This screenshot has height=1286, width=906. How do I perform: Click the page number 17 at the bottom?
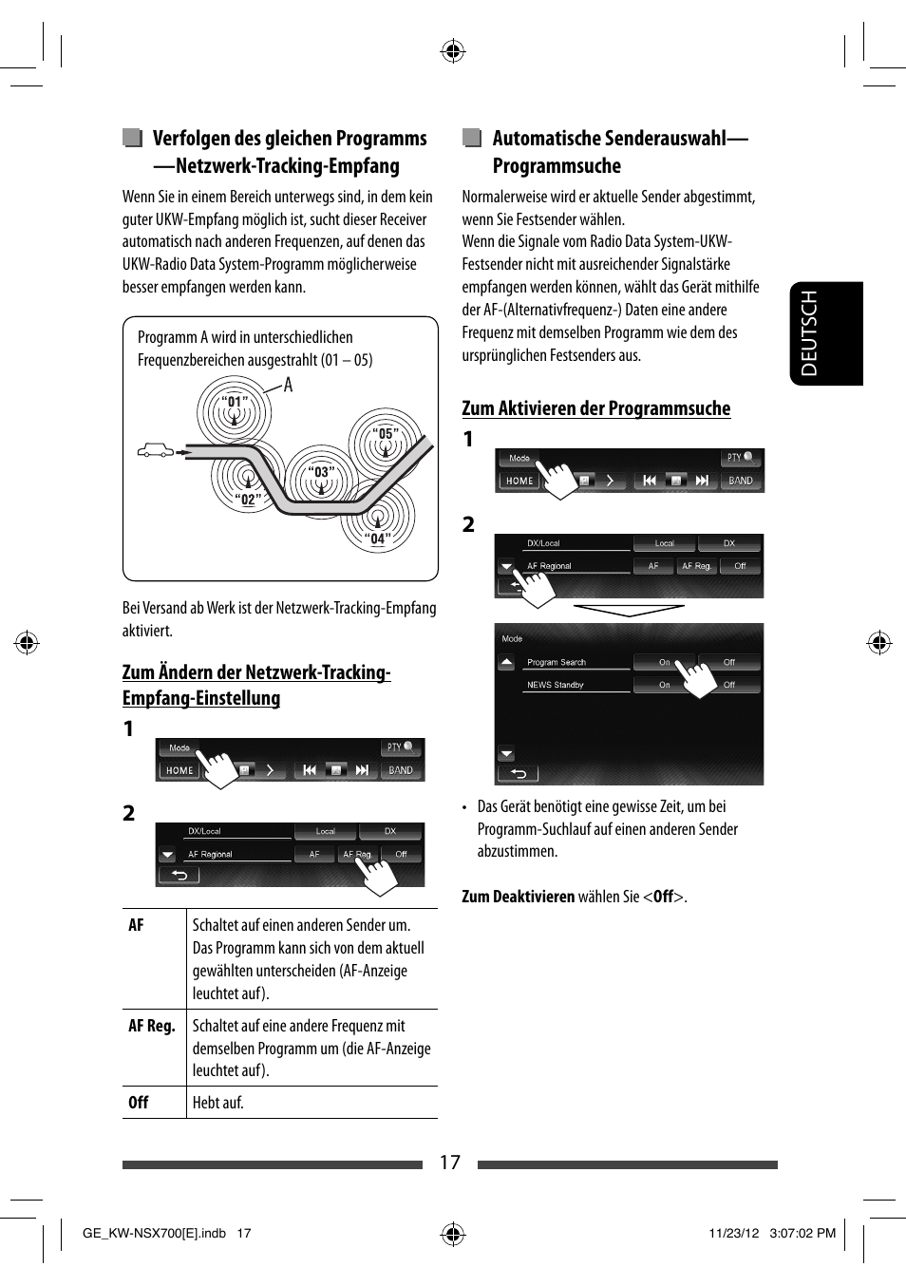(x=449, y=1163)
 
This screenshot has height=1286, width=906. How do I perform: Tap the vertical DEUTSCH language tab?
(x=826, y=333)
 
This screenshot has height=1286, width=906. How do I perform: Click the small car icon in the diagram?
(x=156, y=451)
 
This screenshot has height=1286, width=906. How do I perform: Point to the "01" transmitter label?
(x=236, y=402)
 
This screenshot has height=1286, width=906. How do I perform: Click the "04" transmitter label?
(x=378, y=539)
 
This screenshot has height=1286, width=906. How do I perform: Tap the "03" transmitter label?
(x=322, y=472)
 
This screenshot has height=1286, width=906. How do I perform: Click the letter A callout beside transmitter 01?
(x=289, y=385)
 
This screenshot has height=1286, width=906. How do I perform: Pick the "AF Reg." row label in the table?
(x=152, y=1026)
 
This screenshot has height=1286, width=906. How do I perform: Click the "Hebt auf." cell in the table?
(x=218, y=1103)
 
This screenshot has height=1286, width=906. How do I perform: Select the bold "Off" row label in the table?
(x=139, y=1103)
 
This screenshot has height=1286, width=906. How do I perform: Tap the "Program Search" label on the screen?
(x=557, y=662)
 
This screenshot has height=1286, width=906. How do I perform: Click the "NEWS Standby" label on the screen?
(x=556, y=685)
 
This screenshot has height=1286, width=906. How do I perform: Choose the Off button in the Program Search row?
(x=729, y=662)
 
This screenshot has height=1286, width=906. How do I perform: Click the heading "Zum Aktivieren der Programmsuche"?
(x=595, y=408)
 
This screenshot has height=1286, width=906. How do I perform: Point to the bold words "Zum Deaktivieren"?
(x=518, y=897)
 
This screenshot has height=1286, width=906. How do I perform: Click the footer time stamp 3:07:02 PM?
(x=802, y=1233)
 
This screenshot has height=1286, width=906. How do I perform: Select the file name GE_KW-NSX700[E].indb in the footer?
(x=154, y=1233)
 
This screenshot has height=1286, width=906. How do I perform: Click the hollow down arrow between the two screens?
(x=629, y=610)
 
